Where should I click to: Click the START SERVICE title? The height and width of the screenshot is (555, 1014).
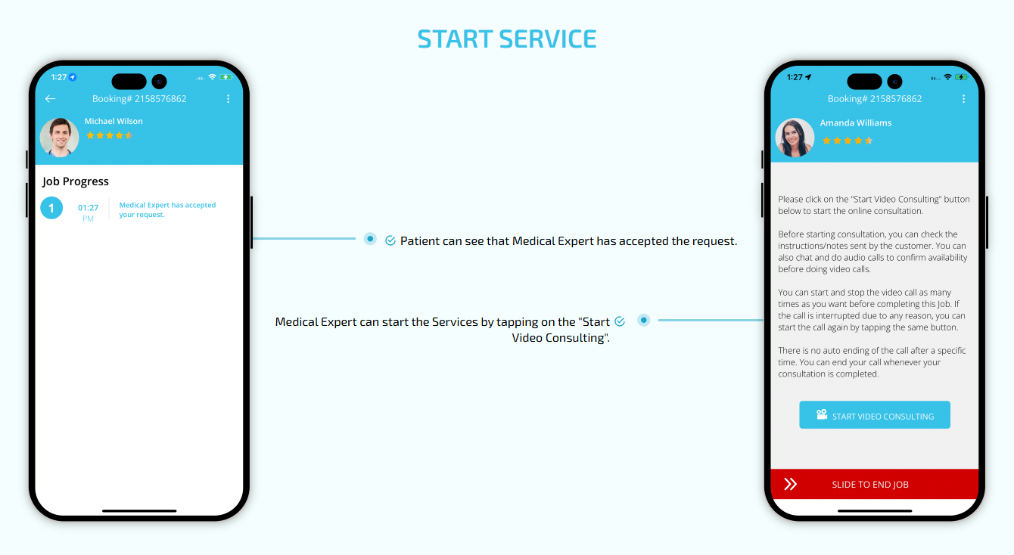coord(506,39)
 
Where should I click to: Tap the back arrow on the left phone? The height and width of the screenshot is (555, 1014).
coord(50,98)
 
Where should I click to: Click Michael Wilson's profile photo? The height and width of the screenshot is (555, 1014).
coord(59,138)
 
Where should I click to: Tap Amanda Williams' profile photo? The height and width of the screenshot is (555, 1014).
coord(795,138)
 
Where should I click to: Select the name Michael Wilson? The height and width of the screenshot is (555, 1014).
coord(114,121)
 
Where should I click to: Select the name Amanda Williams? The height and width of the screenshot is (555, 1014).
coord(856,123)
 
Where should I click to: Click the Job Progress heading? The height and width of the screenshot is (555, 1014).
coord(76,181)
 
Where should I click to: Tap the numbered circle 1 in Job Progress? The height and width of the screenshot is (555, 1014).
coord(51,208)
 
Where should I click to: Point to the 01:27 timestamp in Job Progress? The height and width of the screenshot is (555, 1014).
coord(88,208)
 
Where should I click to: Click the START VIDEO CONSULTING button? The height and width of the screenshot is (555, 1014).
coord(875,415)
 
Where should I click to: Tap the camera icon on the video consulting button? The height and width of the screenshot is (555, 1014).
coord(822,414)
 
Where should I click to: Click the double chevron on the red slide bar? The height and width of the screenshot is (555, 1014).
coord(790,484)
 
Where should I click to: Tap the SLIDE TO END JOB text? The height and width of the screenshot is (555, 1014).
coord(870,485)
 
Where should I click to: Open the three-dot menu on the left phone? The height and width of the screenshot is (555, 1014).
coord(229,98)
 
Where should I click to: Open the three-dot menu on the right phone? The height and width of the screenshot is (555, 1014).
coord(964,98)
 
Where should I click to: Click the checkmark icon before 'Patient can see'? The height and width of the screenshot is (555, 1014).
coord(390,240)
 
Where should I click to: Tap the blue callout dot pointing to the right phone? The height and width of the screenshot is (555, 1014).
coord(644,321)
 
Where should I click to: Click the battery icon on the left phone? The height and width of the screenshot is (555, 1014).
coord(226,77)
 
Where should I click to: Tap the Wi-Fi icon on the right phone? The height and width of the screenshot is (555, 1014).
coord(948,77)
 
